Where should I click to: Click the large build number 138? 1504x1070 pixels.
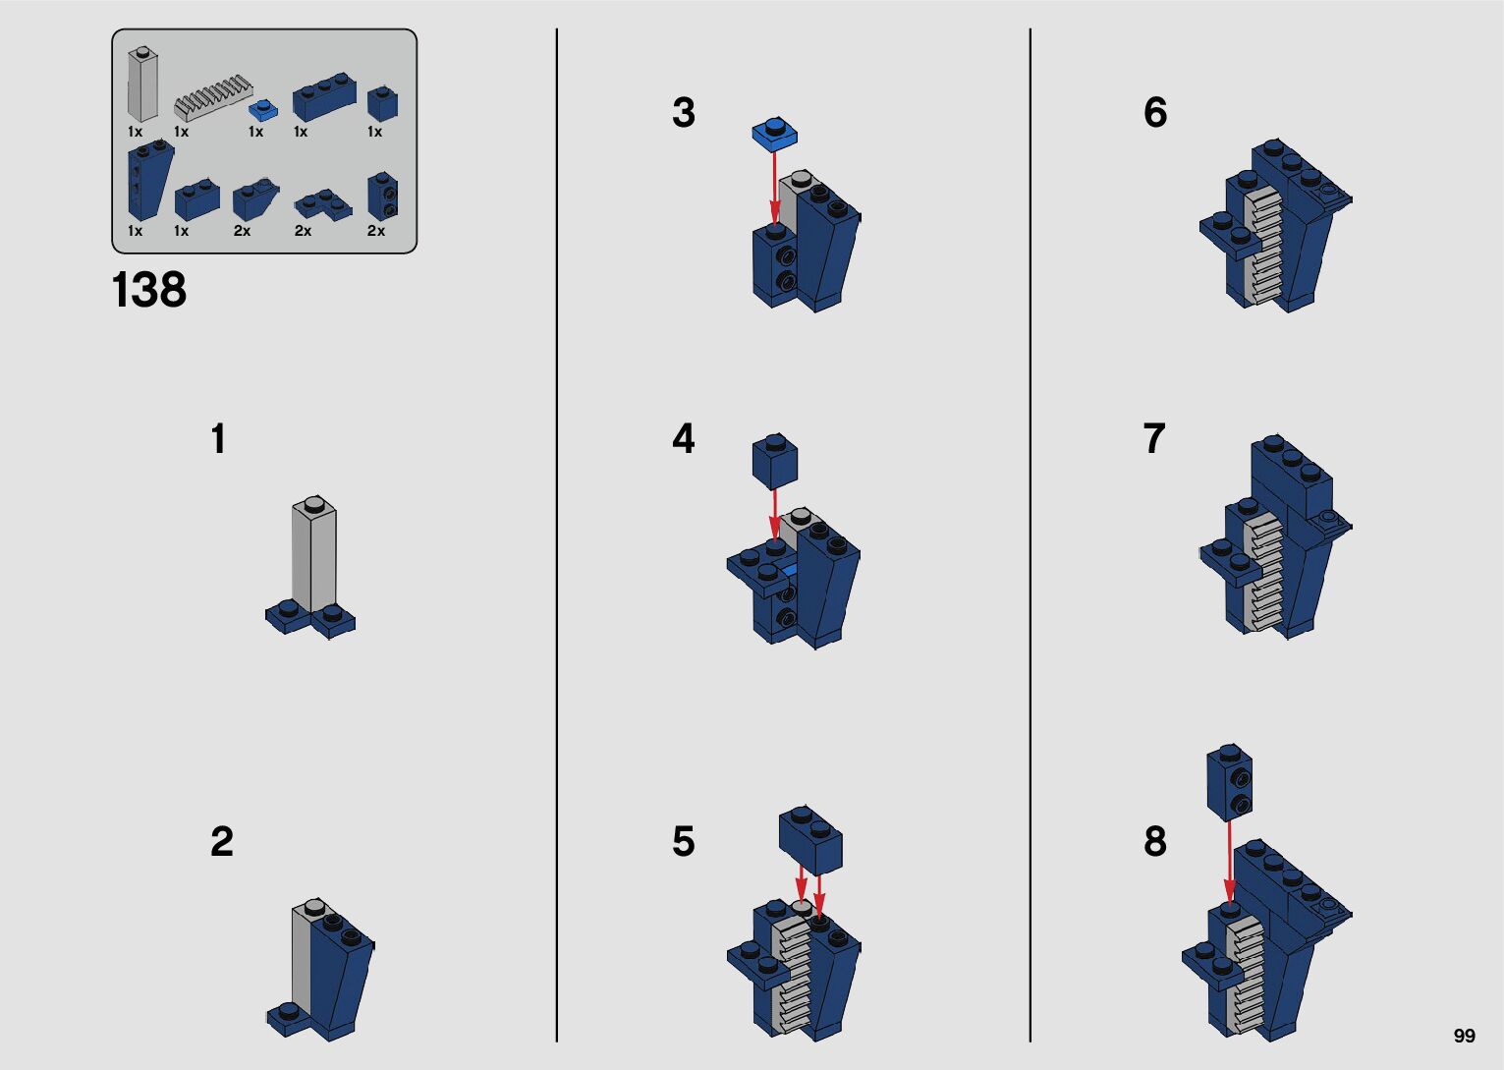coord(149,290)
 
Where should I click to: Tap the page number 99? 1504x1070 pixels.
coord(1465,1036)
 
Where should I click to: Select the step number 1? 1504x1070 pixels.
coord(219,438)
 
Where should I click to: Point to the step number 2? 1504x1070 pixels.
coord(222,841)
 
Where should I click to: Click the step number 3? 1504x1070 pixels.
coord(684,112)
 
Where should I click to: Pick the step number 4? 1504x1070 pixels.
coord(684,438)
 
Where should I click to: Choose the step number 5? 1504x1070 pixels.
coord(684,841)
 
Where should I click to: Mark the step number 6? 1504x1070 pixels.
coord(1155,112)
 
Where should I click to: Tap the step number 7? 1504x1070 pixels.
coord(1154,438)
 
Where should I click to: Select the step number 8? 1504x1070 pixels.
coord(1155,841)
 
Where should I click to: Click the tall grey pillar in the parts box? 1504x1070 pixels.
coord(143,84)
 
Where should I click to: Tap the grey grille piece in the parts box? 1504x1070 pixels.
coord(213,98)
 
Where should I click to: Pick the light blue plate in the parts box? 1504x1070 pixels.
coord(264,109)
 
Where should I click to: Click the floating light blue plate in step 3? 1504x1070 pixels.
coord(775,133)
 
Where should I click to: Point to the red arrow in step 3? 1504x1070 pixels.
coord(774,187)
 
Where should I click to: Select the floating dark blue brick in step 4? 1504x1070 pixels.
coord(775,461)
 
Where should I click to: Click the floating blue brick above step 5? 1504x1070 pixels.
coord(810,840)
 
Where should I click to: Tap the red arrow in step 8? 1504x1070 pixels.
coord(1229,862)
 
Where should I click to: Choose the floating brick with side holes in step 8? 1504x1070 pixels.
coord(1229,782)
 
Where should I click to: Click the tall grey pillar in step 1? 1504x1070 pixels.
coord(314,555)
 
